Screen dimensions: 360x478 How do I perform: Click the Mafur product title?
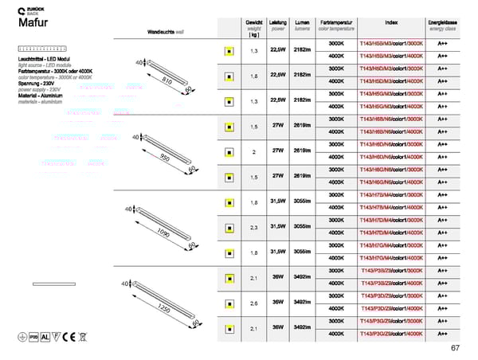33,22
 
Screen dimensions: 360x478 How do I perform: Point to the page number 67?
454,347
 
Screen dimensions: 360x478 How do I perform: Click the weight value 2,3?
254,227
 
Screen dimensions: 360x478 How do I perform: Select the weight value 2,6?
254,303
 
